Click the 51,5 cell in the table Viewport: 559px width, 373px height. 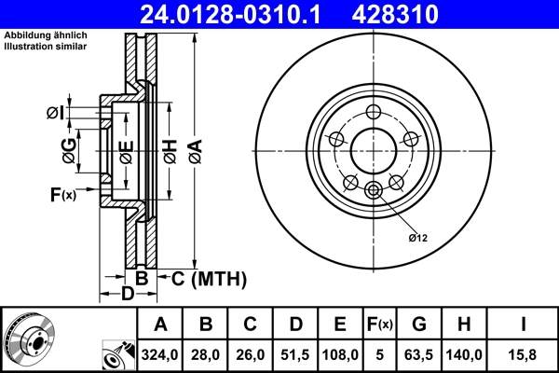pos(296,354)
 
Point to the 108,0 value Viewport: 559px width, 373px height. pos(341,354)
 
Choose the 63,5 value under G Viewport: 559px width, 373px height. pos(420,354)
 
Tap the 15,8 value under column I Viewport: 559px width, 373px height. pos(524,354)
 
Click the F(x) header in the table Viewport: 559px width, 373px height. pos(381,325)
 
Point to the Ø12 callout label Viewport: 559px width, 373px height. pos(417,238)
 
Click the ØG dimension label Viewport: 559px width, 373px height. pos(69,149)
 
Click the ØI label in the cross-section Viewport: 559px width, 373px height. pos(55,114)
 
